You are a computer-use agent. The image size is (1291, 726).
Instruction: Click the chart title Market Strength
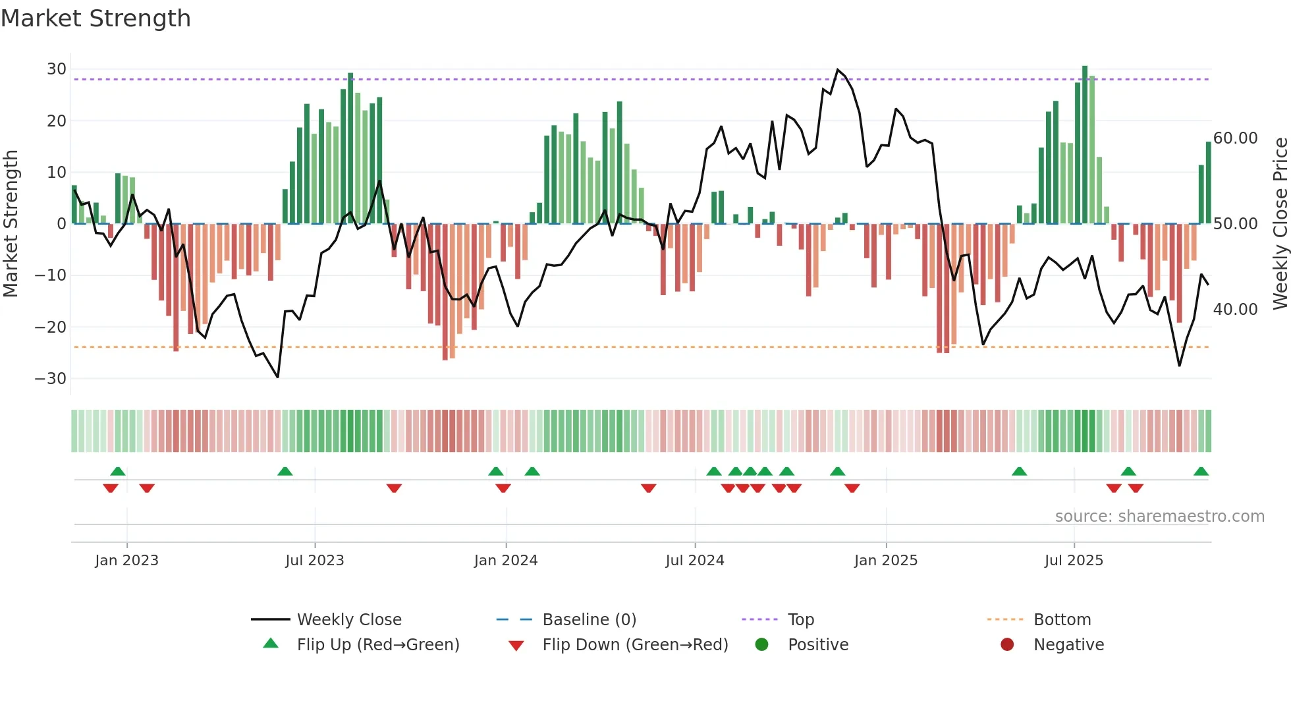click(x=96, y=18)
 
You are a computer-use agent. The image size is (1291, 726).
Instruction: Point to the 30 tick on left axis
click(x=57, y=69)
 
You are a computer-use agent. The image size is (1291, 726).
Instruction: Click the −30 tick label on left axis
click(x=51, y=379)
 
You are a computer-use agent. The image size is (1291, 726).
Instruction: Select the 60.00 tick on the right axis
click(x=1235, y=138)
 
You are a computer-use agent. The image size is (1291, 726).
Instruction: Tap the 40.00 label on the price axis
click(x=1235, y=310)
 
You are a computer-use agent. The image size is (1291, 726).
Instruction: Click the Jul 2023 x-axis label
click(x=314, y=561)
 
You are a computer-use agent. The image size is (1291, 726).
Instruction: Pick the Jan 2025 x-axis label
click(x=885, y=561)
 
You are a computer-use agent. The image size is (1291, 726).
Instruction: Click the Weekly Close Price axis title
click(x=1280, y=224)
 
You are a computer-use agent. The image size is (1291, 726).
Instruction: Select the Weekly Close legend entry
click(x=348, y=620)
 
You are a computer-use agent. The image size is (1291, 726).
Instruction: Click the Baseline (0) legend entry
click(x=589, y=620)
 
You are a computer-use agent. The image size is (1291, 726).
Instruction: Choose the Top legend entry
click(x=800, y=620)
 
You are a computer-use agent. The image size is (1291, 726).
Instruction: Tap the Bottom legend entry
click(x=1062, y=620)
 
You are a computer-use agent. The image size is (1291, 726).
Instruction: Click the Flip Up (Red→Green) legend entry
click(x=377, y=645)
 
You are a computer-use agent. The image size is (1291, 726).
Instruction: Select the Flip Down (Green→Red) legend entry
click(x=635, y=645)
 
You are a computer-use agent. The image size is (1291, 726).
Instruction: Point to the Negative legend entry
click(x=1068, y=645)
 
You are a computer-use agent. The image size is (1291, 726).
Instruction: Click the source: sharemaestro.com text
click(x=1159, y=517)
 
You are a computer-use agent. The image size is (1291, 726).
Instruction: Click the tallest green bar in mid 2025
click(x=1085, y=145)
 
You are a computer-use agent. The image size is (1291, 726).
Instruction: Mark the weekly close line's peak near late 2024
click(x=838, y=70)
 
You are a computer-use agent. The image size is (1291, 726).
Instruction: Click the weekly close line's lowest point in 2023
click(x=278, y=377)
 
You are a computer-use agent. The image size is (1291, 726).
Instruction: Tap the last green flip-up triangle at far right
click(x=1201, y=472)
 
